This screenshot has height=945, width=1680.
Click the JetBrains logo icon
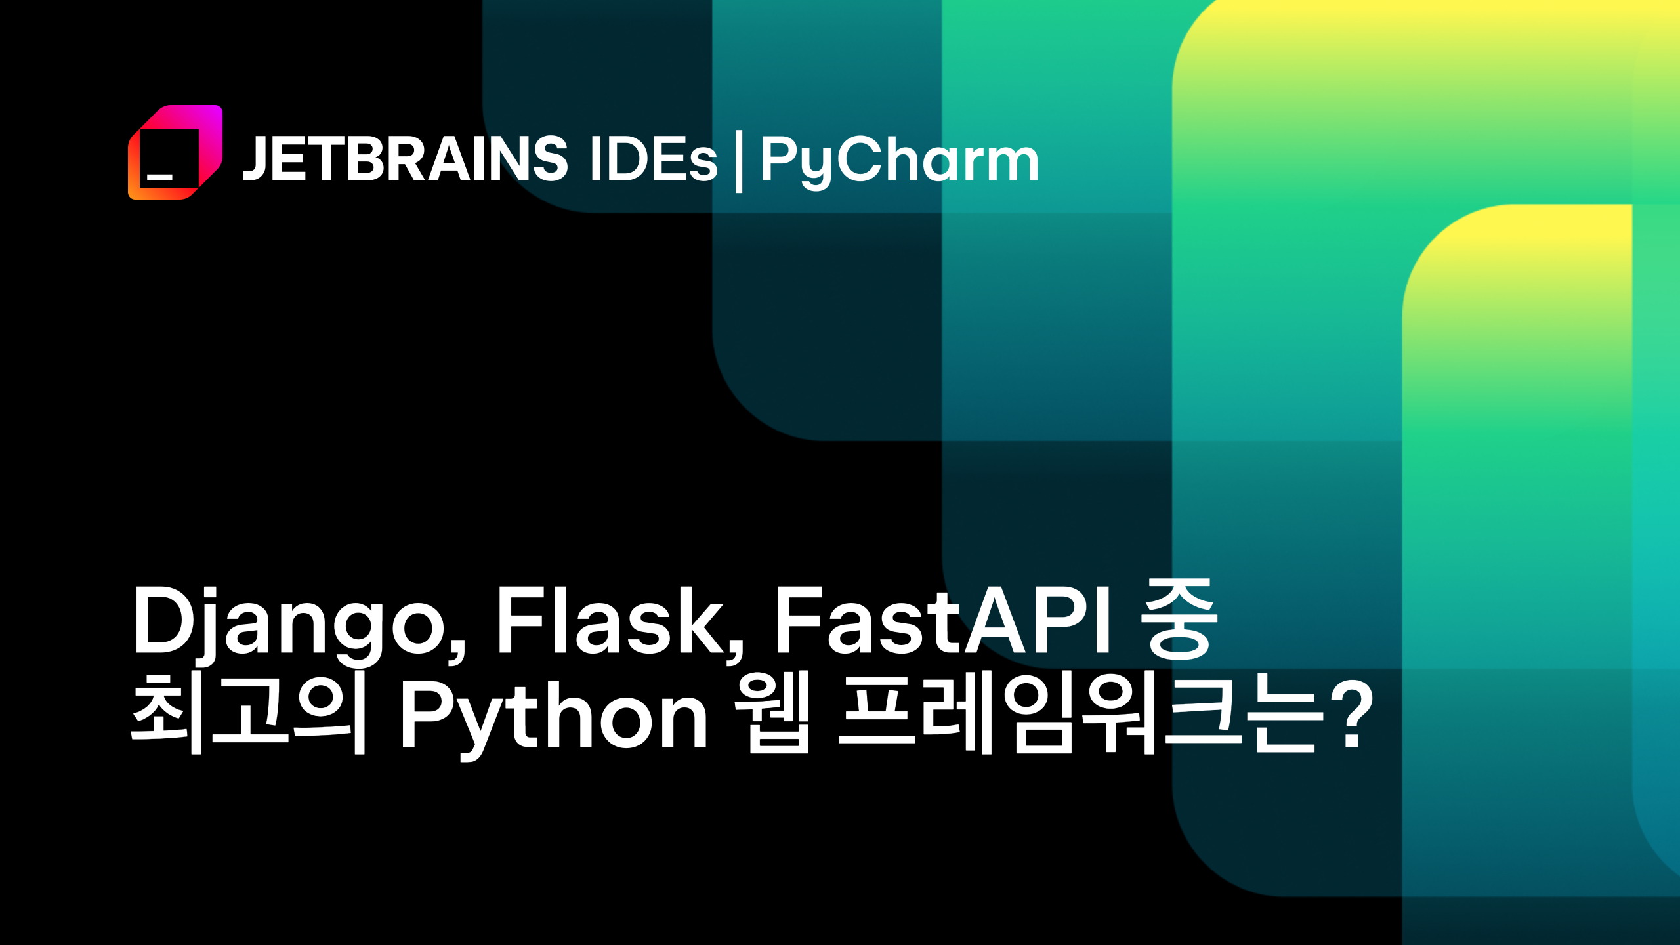tap(175, 152)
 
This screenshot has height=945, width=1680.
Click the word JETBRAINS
tap(405, 159)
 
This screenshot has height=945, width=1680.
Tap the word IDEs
tap(654, 159)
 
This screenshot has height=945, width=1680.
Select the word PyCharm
tap(899, 161)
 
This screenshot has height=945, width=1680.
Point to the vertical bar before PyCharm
tap(740, 161)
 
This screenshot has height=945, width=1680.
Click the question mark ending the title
tap(1354, 714)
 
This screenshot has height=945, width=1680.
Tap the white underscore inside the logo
tap(159, 177)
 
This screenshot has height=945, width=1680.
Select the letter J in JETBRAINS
tap(255, 159)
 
